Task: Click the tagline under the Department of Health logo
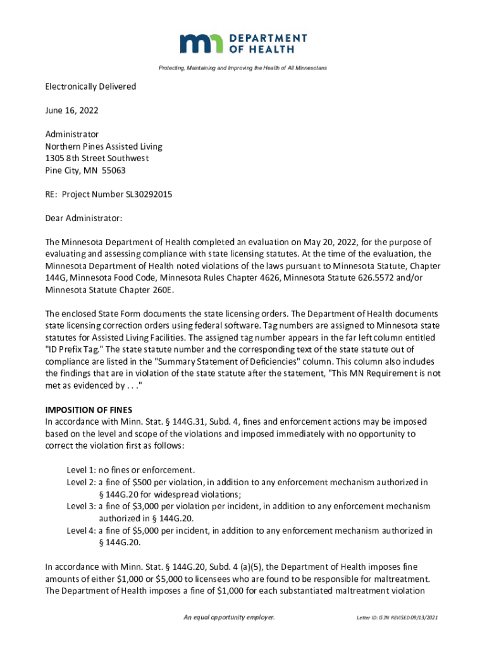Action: point(244,68)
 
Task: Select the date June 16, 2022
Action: point(71,110)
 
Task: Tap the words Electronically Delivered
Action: point(90,86)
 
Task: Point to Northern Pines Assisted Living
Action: point(103,146)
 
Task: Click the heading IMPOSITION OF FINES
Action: point(88,409)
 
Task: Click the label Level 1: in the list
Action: point(82,470)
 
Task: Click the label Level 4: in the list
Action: point(82,530)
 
